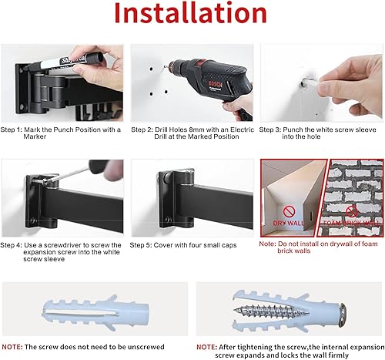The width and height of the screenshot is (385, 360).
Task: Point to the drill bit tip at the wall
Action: (x=164, y=92)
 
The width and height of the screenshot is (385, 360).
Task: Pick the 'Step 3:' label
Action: (x=272, y=130)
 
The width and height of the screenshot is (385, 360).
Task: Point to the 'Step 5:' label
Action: (x=144, y=244)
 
